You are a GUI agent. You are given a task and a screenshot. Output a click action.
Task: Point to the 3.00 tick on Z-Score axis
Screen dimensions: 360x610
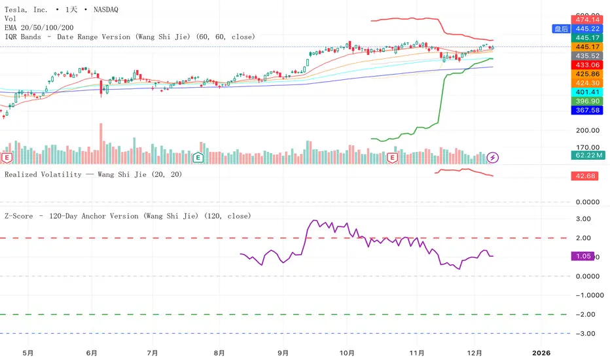[x=584, y=219]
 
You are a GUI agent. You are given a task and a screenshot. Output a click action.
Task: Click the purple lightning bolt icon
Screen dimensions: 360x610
[x=493, y=157]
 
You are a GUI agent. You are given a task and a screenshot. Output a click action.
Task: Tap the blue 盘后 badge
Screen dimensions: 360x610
[x=561, y=29]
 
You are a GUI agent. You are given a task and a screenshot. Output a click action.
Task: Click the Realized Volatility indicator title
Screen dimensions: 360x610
[x=93, y=174]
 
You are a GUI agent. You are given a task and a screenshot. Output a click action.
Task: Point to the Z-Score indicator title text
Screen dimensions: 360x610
[x=128, y=215]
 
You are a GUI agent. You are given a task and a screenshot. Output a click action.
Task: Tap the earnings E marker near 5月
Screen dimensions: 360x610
[x=8, y=158]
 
